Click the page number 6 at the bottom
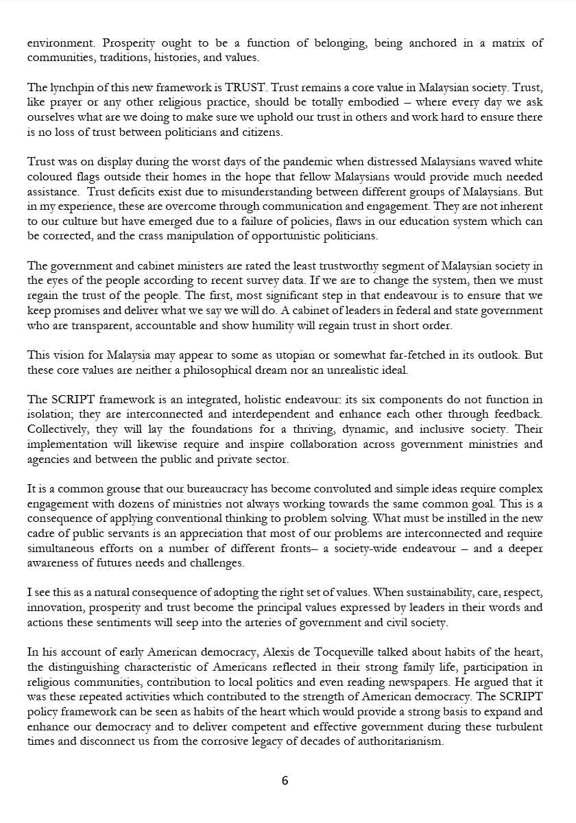click(285, 780)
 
